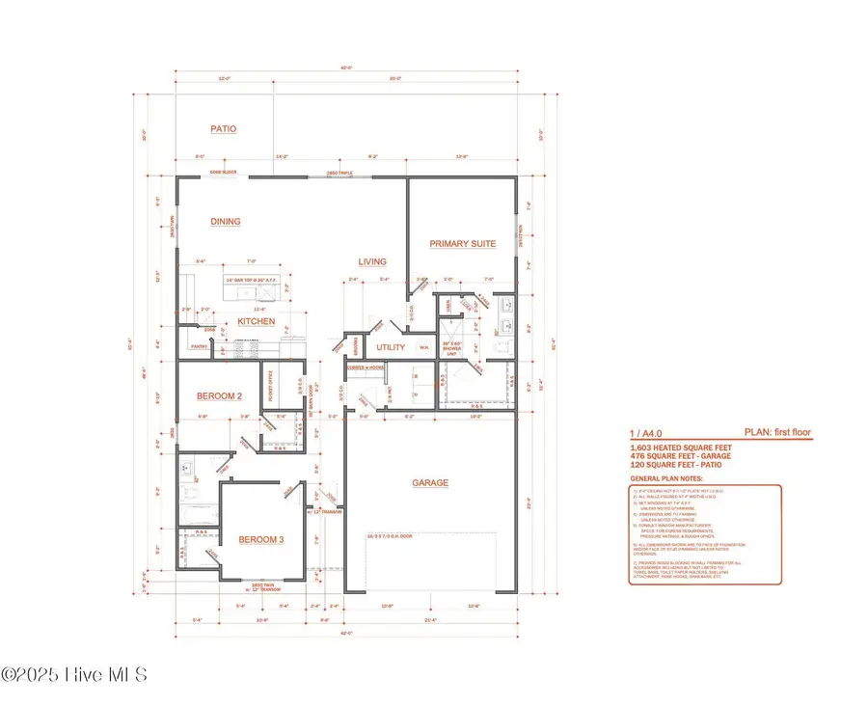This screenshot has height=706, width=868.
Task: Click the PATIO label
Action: point(223,128)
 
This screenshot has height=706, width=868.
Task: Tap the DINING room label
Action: point(225,222)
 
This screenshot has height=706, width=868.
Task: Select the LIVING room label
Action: point(372,261)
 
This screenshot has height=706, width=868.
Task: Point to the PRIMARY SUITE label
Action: point(463,244)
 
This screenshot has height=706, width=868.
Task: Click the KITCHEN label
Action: point(257,321)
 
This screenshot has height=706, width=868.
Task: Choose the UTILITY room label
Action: point(391,346)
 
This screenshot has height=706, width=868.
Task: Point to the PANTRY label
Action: point(199,345)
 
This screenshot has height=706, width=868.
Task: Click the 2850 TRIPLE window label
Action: point(339,175)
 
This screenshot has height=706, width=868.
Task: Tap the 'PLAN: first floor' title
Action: point(776,433)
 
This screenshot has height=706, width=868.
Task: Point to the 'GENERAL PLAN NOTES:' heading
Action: point(666,478)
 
